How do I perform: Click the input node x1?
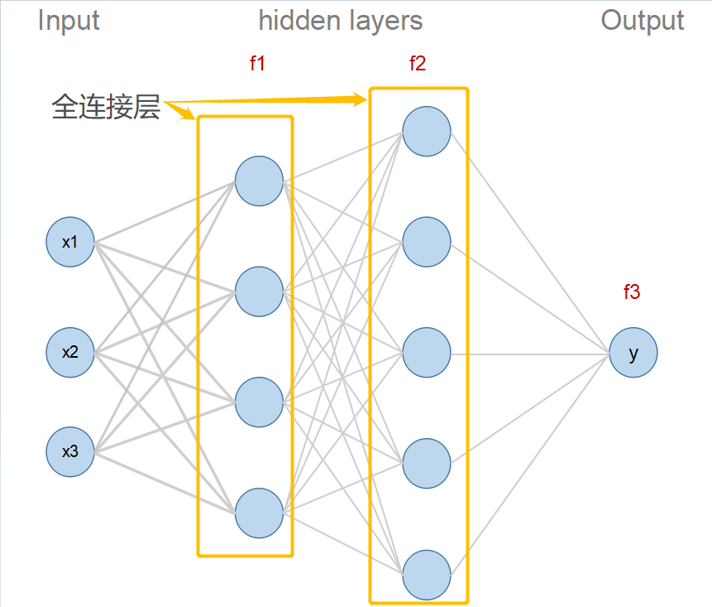pos(70,242)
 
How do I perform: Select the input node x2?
pos(70,352)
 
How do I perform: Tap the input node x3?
pos(70,452)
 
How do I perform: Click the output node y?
pos(633,354)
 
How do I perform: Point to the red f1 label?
pos(257,63)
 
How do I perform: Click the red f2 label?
pos(418,63)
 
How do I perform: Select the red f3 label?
pos(632,291)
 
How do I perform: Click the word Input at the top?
pos(69,21)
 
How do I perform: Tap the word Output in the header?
pos(643,21)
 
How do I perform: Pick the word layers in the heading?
pos(384,21)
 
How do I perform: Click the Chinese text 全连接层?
pos(106,106)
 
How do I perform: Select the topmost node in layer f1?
pos(259,181)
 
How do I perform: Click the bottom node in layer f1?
pos(259,513)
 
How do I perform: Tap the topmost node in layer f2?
pos(427,131)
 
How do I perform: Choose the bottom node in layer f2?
pos(427,574)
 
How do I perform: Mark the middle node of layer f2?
pos(427,353)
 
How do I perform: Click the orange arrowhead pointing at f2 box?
pos(360,100)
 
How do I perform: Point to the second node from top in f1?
pos(259,291)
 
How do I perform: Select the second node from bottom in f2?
pos(427,464)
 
